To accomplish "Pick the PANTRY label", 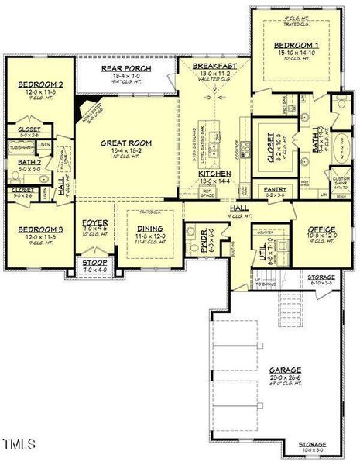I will tap(275, 188).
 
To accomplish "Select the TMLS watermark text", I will tap(19, 443).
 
